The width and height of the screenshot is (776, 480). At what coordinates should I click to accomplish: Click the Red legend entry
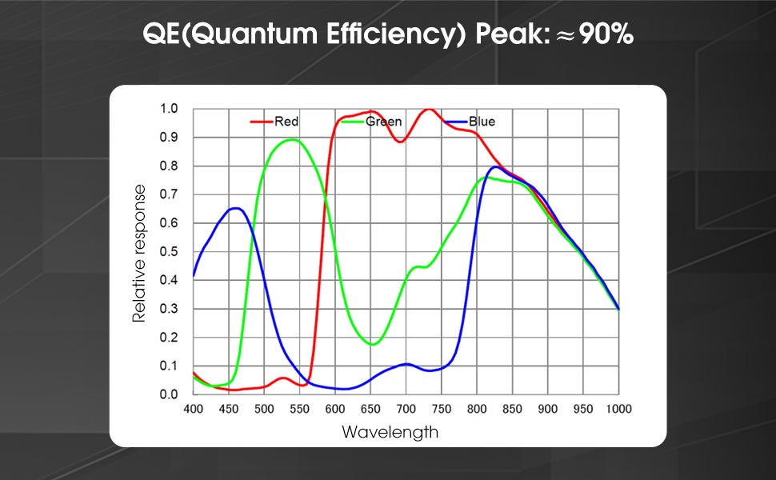pyautogui.click(x=286, y=122)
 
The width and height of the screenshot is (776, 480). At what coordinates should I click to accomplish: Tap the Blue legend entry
pyautogui.click(x=482, y=122)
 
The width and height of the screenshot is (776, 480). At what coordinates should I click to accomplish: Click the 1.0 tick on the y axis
pyautogui.click(x=168, y=109)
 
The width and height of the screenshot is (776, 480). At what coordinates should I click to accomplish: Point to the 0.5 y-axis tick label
pyautogui.click(x=168, y=251)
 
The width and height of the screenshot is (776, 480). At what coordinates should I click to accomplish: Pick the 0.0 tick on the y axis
pyautogui.click(x=168, y=394)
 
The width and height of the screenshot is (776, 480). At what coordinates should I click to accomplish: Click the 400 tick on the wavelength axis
pyautogui.click(x=194, y=409)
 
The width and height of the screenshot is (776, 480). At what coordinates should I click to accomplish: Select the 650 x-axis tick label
pyautogui.click(x=370, y=409)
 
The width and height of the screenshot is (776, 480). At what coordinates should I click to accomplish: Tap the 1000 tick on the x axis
pyautogui.click(x=618, y=409)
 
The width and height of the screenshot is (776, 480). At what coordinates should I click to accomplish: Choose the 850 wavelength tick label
pyautogui.click(x=512, y=409)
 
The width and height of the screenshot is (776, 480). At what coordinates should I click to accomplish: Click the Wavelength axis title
pyautogui.click(x=390, y=432)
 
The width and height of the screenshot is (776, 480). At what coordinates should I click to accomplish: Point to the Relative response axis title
pyautogui.click(x=140, y=253)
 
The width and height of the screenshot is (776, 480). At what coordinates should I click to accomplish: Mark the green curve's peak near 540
pyautogui.click(x=292, y=139)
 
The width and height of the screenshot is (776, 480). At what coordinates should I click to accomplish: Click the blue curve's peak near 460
pyautogui.click(x=236, y=208)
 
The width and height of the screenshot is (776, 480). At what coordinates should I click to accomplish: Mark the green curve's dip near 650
pyautogui.click(x=372, y=344)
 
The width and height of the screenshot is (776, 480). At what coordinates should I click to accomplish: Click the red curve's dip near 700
pyautogui.click(x=402, y=142)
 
